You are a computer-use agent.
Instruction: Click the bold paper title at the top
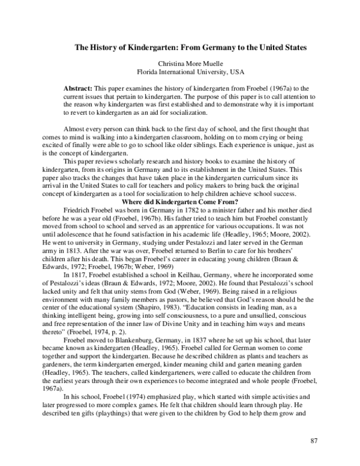(190, 47)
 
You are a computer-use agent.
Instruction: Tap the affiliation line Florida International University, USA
(190, 71)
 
